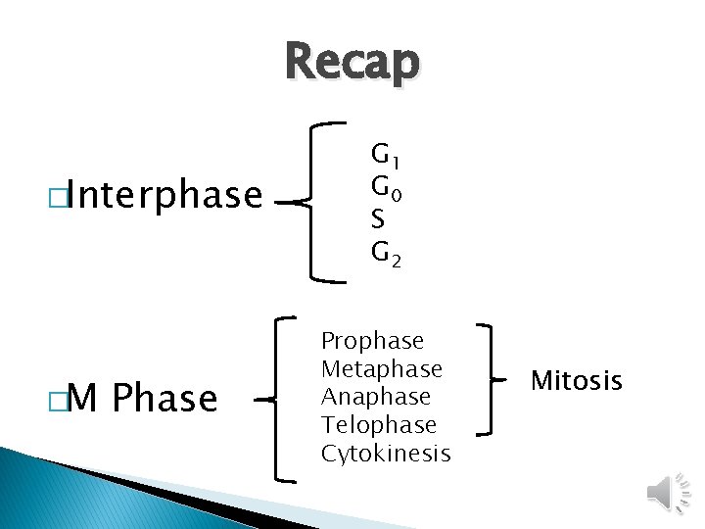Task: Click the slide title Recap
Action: pyautogui.click(x=352, y=63)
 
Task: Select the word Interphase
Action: pyautogui.click(x=165, y=196)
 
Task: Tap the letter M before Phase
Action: pyautogui.click(x=85, y=399)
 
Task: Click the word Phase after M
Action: pyautogui.click(x=165, y=399)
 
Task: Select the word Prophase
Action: pyautogui.click(x=372, y=341)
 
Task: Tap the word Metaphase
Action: pyautogui.click(x=382, y=369)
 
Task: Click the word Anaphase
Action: pyautogui.click(x=376, y=397)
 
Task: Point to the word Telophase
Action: pyautogui.click(x=378, y=425)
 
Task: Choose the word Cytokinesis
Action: pyautogui.click(x=386, y=454)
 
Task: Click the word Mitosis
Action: pyautogui.click(x=577, y=380)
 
